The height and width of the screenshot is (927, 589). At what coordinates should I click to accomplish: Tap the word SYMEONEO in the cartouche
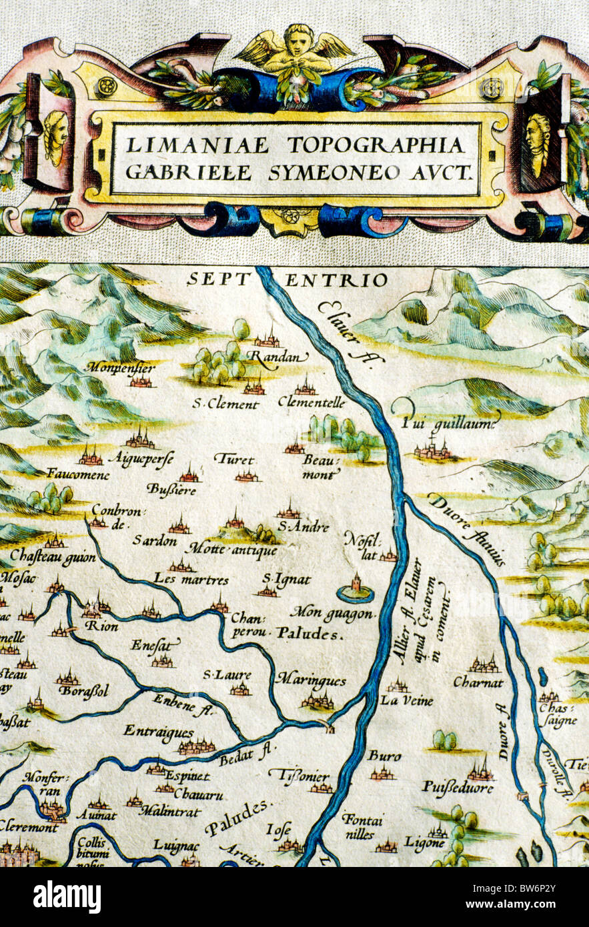pos(353,172)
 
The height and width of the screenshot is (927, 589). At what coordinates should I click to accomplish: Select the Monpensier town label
pos(121,367)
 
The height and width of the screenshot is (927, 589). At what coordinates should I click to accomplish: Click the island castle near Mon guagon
pos(356,588)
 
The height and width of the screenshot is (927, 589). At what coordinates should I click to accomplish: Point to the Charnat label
pos(478,682)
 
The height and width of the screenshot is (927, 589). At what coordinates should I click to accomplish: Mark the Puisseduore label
pos(457,788)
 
